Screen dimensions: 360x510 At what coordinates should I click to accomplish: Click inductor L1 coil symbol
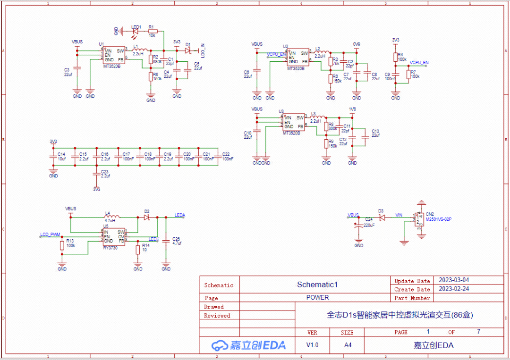pyautogui.click(x=139, y=50)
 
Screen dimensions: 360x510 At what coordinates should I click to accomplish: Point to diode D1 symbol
pyautogui.click(x=188, y=50)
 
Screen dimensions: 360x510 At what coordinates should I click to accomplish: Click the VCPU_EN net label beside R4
pyautogui.click(x=419, y=62)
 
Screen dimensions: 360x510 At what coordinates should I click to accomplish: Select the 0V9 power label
pyautogui.click(x=357, y=44)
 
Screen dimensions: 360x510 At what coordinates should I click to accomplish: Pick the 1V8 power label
pyautogui.click(x=352, y=109)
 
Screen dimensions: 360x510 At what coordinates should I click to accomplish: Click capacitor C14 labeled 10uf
pyautogui.click(x=53, y=156)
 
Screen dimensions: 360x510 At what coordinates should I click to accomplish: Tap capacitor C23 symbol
pyautogui.click(x=96, y=173)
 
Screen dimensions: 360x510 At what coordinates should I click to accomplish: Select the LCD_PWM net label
pyautogui.click(x=50, y=234)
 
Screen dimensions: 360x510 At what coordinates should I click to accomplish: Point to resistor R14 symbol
pyautogui.click(x=138, y=249)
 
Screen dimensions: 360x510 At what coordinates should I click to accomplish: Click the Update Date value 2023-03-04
pyautogui.click(x=454, y=280)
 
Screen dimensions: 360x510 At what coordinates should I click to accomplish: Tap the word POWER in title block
pyautogui.click(x=317, y=298)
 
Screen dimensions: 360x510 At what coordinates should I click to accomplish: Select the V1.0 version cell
pyautogui.click(x=312, y=345)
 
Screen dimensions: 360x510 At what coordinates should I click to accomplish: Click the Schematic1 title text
pyautogui.click(x=317, y=285)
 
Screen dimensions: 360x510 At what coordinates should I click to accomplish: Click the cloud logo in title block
pyautogui.click(x=220, y=345)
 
